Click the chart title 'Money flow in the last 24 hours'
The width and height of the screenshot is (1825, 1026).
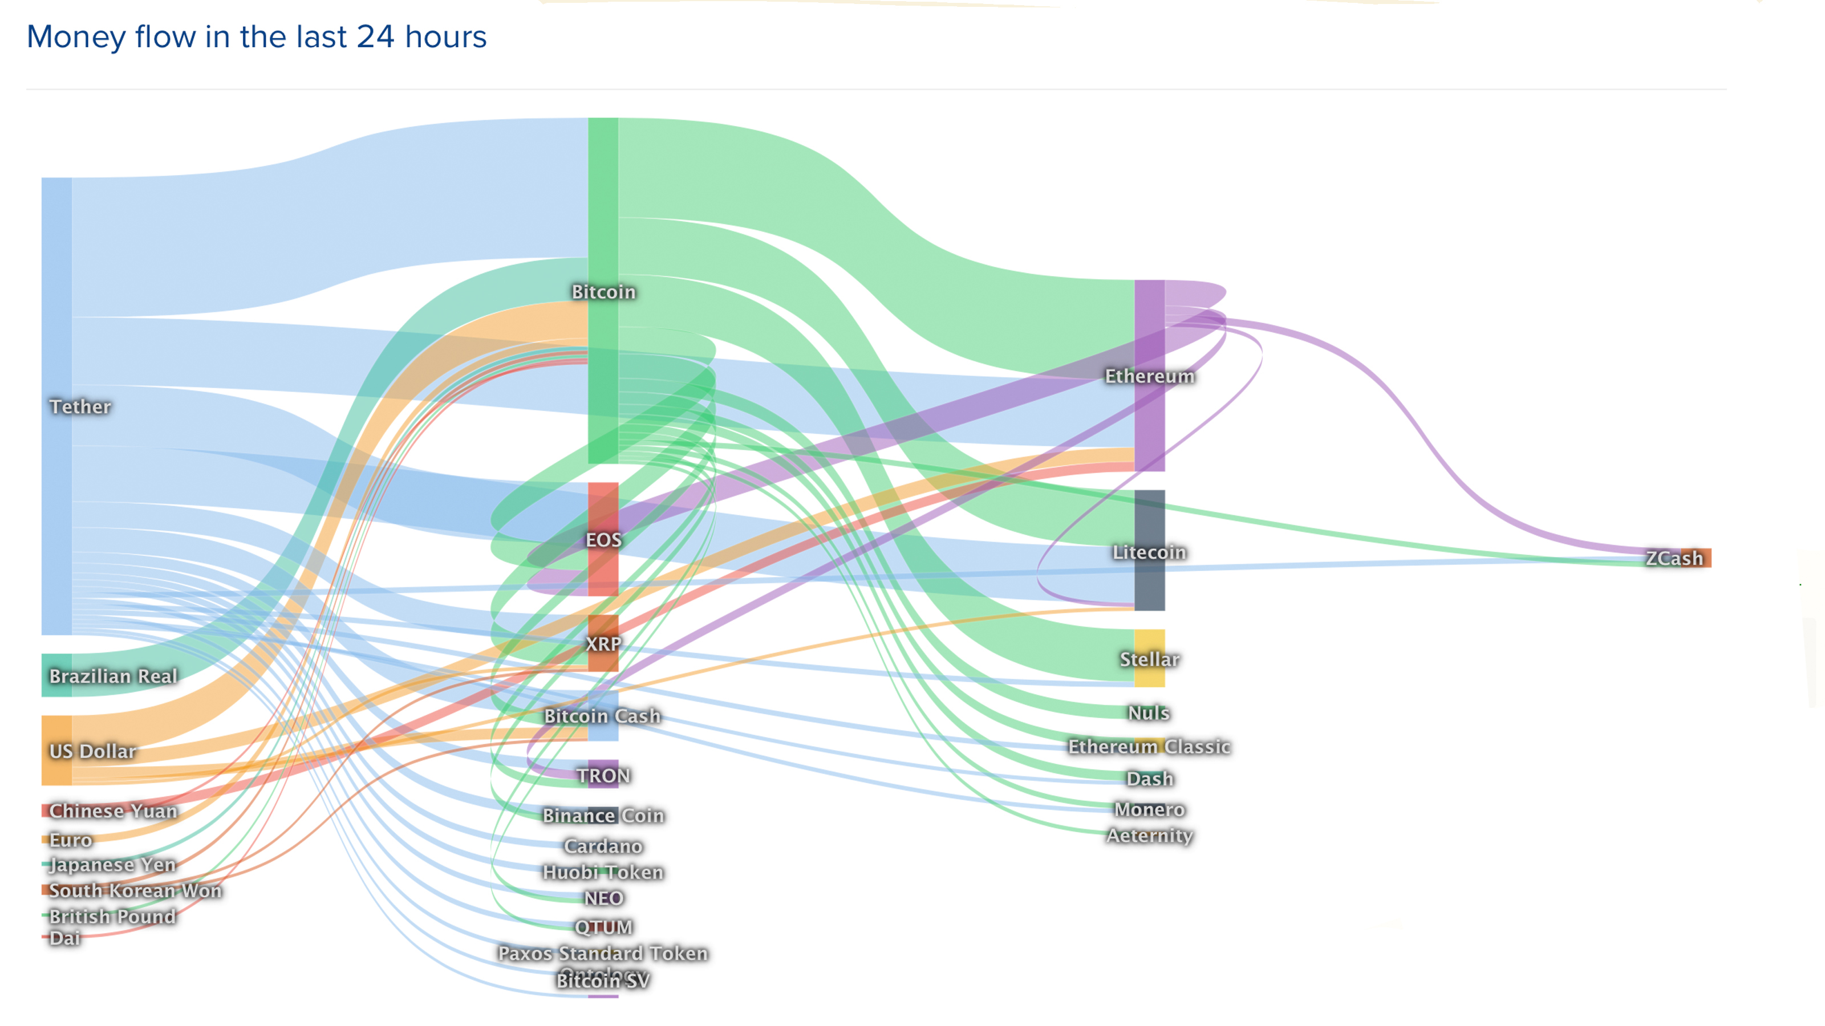pyautogui.click(x=257, y=37)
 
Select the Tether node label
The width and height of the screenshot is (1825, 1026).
pyautogui.click(x=80, y=406)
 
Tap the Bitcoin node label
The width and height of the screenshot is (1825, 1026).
pyautogui.click(x=603, y=292)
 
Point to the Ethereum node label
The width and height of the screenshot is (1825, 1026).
pyautogui.click(x=1150, y=376)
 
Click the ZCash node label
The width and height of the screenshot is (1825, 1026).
pyautogui.click(x=1674, y=558)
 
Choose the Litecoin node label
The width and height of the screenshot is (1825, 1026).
pyautogui.click(x=1149, y=552)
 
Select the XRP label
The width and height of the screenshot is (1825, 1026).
pyautogui.click(x=603, y=644)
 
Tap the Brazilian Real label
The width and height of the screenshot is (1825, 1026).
pyautogui.click(x=113, y=676)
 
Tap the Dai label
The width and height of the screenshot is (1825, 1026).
pyautogui.click(x=65, y=938)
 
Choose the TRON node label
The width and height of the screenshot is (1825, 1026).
pyautogui.click(x=603, y=775)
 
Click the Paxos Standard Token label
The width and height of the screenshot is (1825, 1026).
pyautogui.click(x=603, y=953)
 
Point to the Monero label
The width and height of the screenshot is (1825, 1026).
pyautogui.click(x=1149, y=809)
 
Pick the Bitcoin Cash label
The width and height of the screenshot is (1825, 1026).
pyautogui.click(x=602, y=716)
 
